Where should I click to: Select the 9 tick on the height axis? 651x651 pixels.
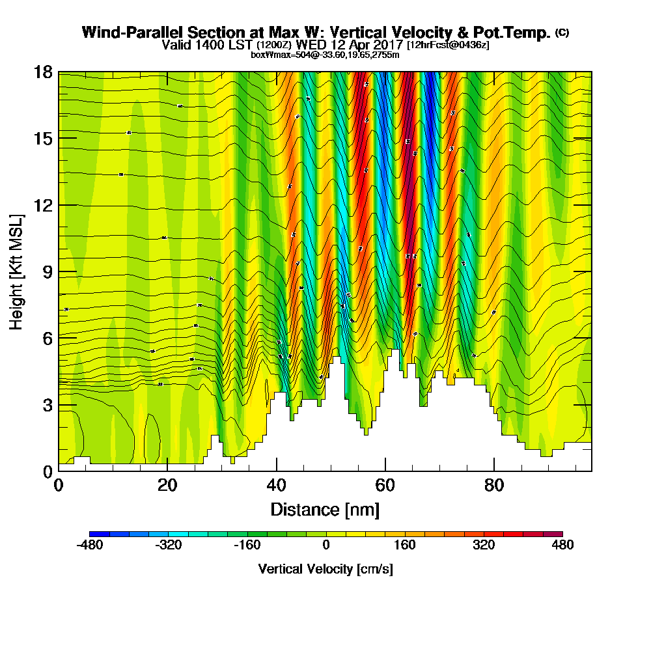click(x=47, y=271)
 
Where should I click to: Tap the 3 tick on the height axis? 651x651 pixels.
click(x=47, y=404)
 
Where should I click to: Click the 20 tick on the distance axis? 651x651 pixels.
click(x=167, y=486)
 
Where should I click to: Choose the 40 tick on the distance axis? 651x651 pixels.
click(x=277, y=486)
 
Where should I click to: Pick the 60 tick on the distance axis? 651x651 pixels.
click(x=385, y=486)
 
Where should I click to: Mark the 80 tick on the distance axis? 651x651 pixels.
click(x=494, y=486)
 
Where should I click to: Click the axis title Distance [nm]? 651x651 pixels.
click(x=325, y=509)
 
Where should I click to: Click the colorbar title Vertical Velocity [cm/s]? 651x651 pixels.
click(x=325, y=569)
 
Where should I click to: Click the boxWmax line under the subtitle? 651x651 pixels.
click(x=325, y=55)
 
